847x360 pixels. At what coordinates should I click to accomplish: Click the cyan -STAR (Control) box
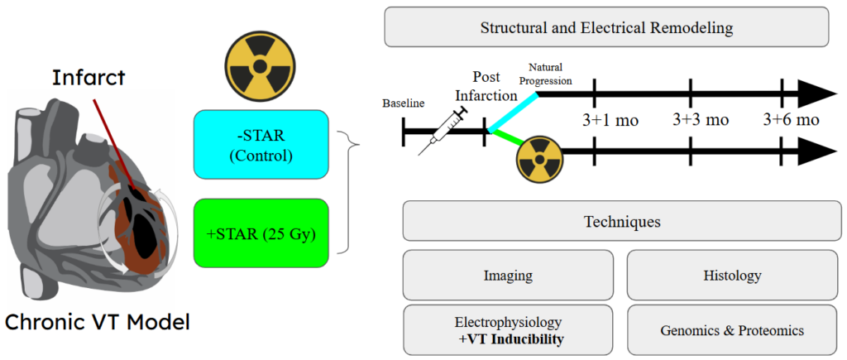[x=261, y=144]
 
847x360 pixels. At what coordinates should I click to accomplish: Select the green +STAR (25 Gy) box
[x=261, y=233]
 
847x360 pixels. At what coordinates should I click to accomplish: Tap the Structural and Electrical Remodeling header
[x=606, y=27]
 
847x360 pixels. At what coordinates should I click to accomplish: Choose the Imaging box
[x=508, y=274]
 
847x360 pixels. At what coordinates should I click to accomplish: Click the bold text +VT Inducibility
[x=508, y=338]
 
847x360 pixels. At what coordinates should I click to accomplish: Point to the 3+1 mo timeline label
[x=610, y=120]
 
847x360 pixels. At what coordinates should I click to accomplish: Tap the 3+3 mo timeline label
[x=700, y=120]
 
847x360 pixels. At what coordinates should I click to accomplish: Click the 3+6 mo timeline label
[x=791, y=120]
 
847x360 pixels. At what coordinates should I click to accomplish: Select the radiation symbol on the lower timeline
[x=538, y=160]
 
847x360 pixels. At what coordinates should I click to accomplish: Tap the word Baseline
[x=403, y=103]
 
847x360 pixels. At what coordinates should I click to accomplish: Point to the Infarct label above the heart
[x=89, y=78]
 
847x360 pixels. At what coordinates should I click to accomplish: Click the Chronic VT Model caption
[x=98, y=322]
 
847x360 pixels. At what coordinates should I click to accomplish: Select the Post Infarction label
[x=495, y=86]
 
